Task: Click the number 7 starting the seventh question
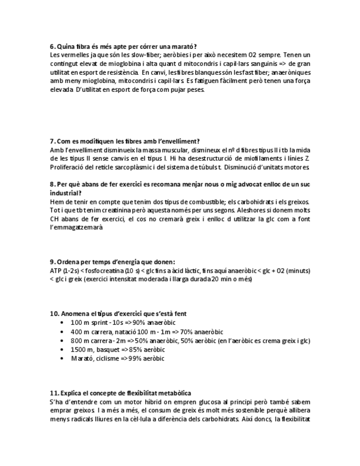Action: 52,141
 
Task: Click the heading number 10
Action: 54,314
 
